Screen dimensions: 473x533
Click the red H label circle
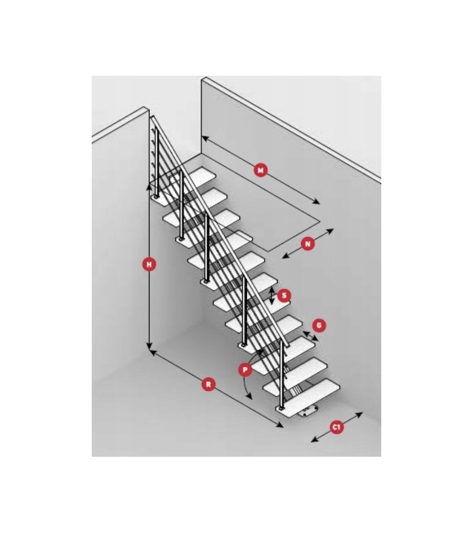pos(149,264)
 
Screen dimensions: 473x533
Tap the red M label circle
pos(261,170)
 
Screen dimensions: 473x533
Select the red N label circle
pos(308,244)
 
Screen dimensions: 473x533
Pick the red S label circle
pos(284,296)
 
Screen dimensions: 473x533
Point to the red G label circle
pos(319,325)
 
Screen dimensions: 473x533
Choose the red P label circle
pos(245,370)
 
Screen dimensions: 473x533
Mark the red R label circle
pos(208,384)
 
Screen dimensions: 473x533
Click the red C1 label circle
pos(336,427)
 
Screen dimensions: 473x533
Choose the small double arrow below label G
pos(310,336)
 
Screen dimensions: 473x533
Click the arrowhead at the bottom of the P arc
pos(249,397)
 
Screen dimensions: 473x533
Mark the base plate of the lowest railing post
pos(281,409)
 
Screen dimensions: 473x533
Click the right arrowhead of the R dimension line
pos(280,425)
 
